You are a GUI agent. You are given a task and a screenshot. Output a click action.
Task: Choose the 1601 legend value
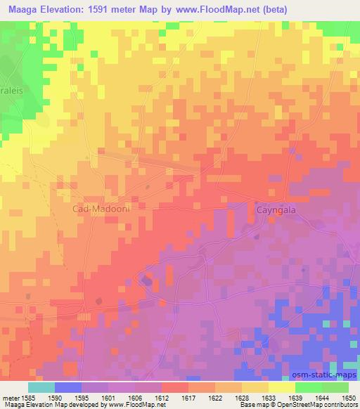(108, 397)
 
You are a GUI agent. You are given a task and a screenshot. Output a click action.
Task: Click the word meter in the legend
(9, 397)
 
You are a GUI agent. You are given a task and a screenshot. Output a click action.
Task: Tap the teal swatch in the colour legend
(41, 387)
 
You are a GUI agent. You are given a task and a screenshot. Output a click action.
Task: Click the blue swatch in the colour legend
(67, 387)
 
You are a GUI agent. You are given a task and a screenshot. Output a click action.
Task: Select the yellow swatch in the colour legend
(281, 387)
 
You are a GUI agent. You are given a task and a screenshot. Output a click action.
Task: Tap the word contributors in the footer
(340, 405)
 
